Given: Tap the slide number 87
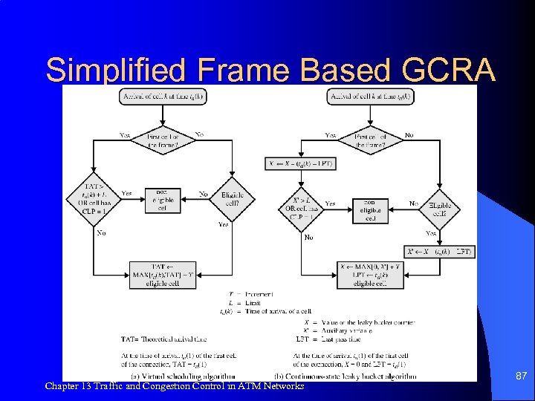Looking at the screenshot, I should pyautogui.click(x=521, y=377).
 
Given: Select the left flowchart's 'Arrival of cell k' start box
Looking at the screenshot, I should pyautogui.click(x=163, y=97).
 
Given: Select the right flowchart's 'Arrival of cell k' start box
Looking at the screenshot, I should pyautogui.click(x=370, y=97).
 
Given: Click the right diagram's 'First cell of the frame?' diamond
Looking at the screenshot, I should pyautogui.click(x=370, y=141).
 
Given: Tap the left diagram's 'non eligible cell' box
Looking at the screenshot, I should pyautogui.click(x=163, y=198).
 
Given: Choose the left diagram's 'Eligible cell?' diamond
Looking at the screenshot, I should pyautogui.click(x=232, y=198).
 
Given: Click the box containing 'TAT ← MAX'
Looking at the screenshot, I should pyautogui.click(x=163, y=274).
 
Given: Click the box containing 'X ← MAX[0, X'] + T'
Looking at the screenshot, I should pyautogui.click(x=370, y=274).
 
